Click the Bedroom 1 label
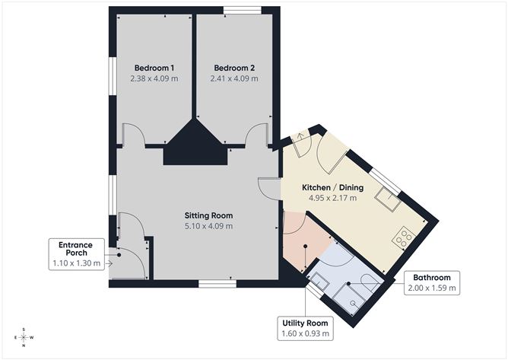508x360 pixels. [154, 66]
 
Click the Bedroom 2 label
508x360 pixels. [233, 66]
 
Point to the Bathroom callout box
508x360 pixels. [431, 282]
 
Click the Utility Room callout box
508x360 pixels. [306, 327]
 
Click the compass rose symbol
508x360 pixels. [24, 336]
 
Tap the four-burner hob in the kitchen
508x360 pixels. [404, 238]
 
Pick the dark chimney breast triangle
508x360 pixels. [196, 145]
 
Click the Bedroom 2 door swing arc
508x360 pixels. [257, 134]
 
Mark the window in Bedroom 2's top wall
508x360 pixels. [242, 10]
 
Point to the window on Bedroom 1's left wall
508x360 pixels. [112, 77]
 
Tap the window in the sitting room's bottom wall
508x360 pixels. [214, 284]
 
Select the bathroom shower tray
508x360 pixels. [354, 299]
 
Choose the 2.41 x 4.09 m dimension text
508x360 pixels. [233, 78]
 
